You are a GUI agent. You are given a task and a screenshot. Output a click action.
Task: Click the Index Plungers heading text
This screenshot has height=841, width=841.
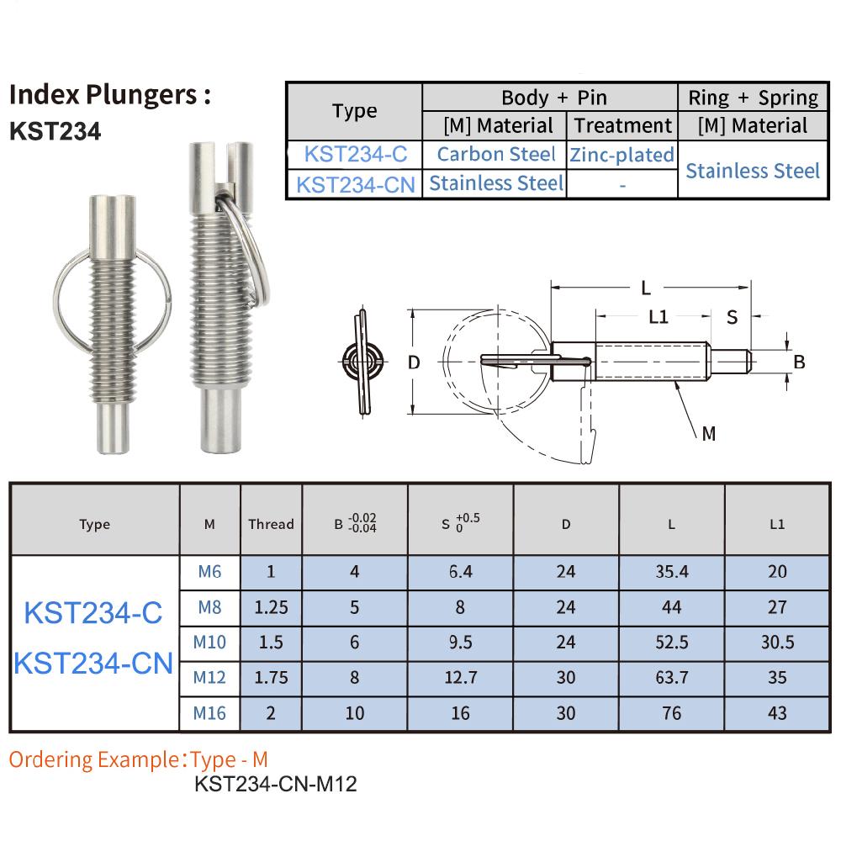[108, 94]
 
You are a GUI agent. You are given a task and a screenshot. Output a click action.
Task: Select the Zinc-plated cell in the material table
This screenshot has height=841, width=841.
[622, 155]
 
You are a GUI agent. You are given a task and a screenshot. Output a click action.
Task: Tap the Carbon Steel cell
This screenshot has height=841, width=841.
[495, 155]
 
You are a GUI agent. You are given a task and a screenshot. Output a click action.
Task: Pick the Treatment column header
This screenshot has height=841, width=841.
[622, 126]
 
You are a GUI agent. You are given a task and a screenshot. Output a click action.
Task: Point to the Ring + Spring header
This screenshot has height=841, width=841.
[753, 98]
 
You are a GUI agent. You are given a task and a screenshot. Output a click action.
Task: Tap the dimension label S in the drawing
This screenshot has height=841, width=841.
[732, 317]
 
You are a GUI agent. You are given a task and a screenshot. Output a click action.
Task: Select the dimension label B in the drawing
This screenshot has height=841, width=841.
[800, 362]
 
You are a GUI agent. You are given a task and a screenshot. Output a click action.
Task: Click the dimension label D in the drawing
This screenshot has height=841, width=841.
[413, 363]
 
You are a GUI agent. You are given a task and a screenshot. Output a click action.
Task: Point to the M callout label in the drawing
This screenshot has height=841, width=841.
[708, 433]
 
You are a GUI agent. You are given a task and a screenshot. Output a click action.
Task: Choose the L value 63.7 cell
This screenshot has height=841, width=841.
[671, 677]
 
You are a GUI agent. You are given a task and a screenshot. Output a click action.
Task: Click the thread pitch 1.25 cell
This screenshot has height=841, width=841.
[271, 606]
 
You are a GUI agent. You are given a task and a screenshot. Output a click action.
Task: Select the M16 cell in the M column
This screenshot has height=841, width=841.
[209, 712]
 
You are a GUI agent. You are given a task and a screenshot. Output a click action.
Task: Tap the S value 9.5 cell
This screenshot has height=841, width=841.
[460, 642]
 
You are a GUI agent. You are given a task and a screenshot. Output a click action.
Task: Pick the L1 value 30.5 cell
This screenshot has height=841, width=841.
[777, 642]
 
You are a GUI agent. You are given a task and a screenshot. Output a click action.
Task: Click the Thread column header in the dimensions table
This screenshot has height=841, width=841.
[271, 524]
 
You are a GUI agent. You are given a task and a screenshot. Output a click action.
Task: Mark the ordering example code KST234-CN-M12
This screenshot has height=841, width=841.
[276, 785]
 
